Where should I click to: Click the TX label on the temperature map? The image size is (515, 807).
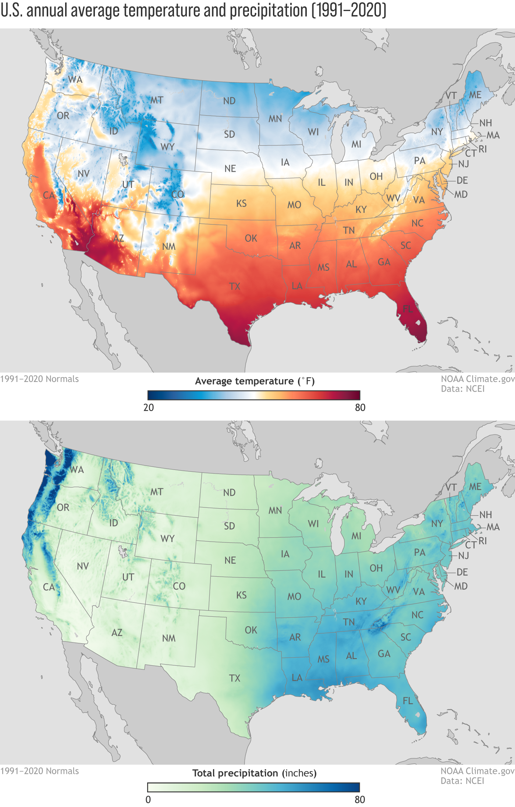pyautogui.click(x=235, y=286)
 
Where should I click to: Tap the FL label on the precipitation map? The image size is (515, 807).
pyautogui.click(x=408, y=701)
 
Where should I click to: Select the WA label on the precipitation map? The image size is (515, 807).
pyautogui.click(x=77, y=470)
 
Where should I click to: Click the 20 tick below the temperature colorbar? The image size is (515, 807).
pyautogui.click(x=149, y=408)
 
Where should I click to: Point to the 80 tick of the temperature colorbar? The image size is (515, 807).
pyautogui.click(x=360, y=408)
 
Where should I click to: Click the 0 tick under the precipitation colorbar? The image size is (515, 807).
pyautogui.click(x=148, y=799)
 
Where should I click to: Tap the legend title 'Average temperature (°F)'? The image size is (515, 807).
pyautogui.click(x=255, y=381)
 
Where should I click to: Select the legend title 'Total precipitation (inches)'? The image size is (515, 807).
pyautogui.click(x=255, y=773)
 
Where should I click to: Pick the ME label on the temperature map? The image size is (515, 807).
pyautogui.click(x=475, y=95)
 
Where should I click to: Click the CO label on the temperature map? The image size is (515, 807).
pyautogui.click(x=178, y=194)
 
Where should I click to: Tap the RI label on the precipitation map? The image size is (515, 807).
pyautogui.click(x=483, y=541)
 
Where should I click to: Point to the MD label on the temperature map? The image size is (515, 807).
pyautogui.click(x=461, y=194)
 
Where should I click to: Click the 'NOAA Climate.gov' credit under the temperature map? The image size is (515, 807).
pyautogui.click(x=477, y=379)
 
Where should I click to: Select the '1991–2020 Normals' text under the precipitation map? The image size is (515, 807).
pyautogui.click(x=39, y=771)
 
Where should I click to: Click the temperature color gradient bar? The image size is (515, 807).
pyautogui.click(x=254, y=395)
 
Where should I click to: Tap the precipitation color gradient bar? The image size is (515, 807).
pyautogui.click(x=254, y=787)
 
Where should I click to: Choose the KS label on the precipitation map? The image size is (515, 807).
pyautogui.click(x=241, y=595)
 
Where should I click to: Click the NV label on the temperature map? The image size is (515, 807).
pyautogui.click(x=84, y=174)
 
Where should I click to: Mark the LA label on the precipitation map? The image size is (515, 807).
pyautogui.click(x=297, y=677)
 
